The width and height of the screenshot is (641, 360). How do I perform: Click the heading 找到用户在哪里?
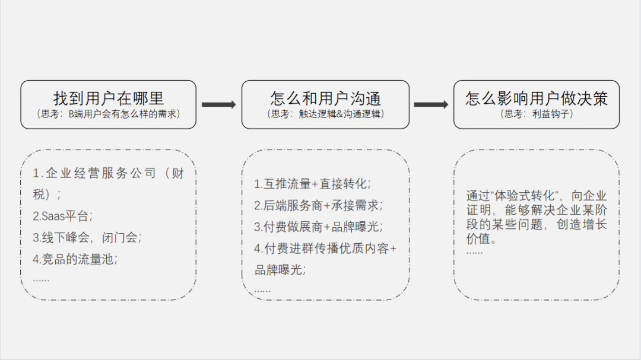click(x=108, y=98)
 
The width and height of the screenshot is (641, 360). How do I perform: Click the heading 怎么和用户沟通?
click(x=325, y=98)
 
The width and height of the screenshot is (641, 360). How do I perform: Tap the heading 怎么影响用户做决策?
click(x=537, y=98)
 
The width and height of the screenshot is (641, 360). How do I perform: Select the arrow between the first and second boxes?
click(x=218, y=105)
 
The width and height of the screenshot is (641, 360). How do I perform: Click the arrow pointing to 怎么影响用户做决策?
click(x=431, y=105)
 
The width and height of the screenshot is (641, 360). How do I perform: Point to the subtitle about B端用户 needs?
click(x=108, y=114)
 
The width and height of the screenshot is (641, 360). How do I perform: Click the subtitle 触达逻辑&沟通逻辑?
click(x=325, y=114)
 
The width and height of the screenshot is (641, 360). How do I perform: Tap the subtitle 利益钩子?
click(x=537, y=114)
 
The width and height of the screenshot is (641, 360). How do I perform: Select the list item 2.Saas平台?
click(x=62, y=216)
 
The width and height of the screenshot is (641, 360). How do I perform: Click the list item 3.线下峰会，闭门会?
click(x=87, y=237)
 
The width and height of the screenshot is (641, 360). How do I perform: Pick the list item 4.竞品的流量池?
click(x=75, y=259)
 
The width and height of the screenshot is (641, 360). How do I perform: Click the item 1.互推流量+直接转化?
click(x=313, y=184)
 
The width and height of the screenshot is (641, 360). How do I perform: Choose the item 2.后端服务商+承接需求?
click(x=318, y=205)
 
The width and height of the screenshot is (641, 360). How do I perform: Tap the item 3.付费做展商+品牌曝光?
click(x=318, y=227)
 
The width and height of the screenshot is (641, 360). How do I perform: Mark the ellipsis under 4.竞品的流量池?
click(x=41, y=278)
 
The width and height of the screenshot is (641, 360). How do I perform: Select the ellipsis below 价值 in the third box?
click(x=474, y=251)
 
